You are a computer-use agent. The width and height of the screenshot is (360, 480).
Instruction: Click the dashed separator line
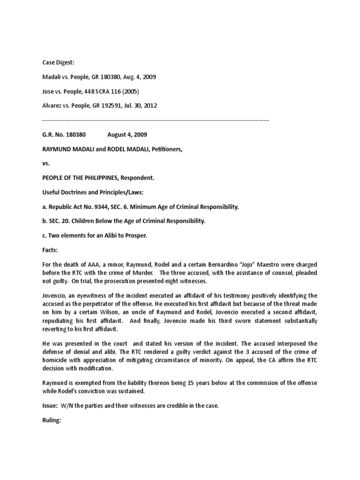coord(155,120)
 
